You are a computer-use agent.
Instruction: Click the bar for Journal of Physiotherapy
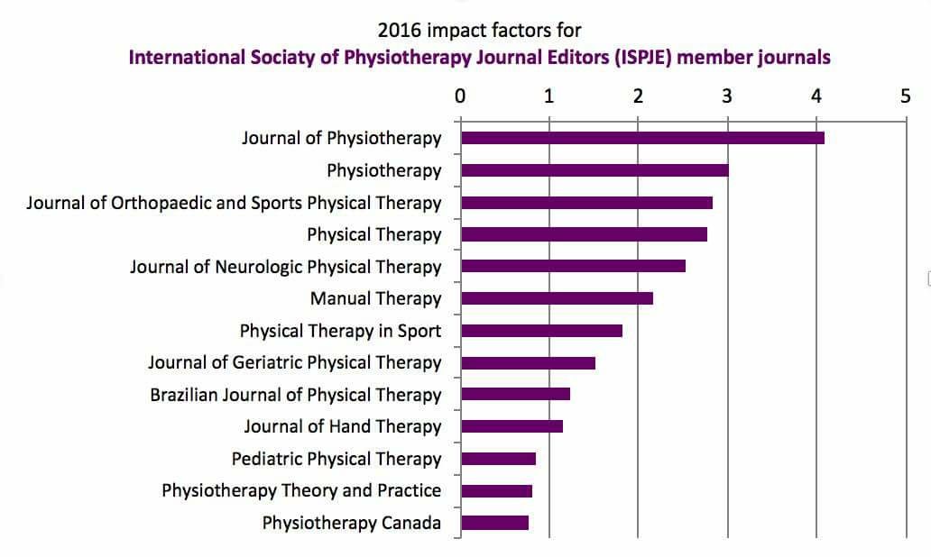[642, 138]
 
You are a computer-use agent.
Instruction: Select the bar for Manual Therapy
[557, 298]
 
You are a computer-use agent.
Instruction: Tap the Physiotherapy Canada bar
[494, 523]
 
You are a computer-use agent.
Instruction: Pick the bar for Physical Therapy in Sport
[541, 331]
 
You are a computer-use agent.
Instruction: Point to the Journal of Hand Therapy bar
[512, 426]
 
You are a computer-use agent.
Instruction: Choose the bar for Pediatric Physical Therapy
[498, 459]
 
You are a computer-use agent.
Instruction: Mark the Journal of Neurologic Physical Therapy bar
[573, 266]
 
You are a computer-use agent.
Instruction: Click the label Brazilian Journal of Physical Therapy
[296, 395]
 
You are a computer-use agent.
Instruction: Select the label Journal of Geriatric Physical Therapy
[295, 362]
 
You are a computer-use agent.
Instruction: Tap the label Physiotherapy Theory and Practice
[301, 490]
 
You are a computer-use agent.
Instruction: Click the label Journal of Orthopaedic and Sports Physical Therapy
[234, 203]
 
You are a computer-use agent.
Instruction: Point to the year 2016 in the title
[401, 32]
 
